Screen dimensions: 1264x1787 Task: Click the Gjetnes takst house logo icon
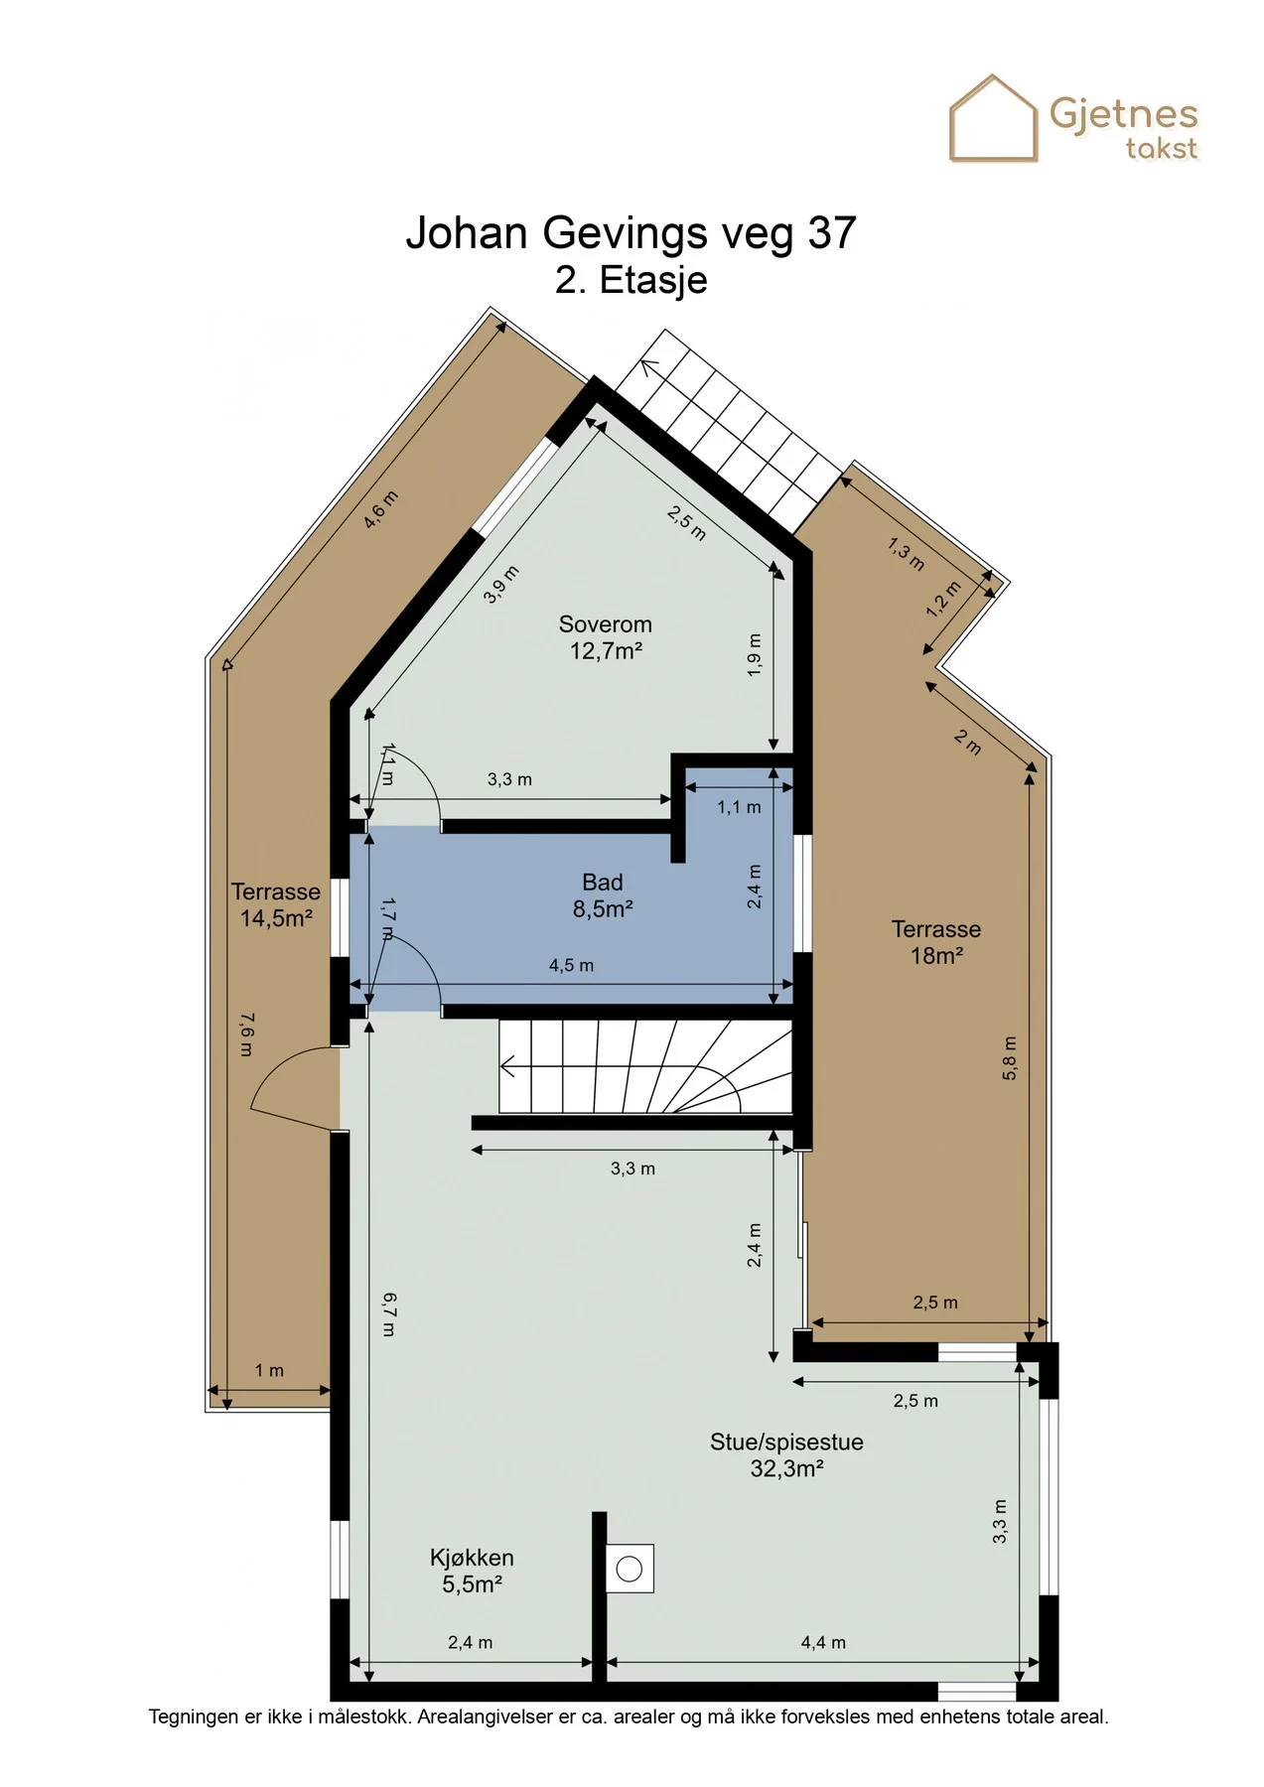point(993,118)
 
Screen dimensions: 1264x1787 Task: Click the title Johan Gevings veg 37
point(631,233)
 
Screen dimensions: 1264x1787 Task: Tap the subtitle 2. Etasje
point(632,280)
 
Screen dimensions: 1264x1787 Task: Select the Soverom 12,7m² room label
point(605,637)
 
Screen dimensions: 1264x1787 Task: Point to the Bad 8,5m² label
point(603,895)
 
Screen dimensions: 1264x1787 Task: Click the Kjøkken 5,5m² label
point(472,1571)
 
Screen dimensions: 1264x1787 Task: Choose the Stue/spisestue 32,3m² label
point(786,1455)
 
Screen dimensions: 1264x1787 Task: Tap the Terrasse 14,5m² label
point(276,904)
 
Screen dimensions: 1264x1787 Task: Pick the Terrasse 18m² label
point(936,942)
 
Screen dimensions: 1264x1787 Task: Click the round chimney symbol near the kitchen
point(630,1570)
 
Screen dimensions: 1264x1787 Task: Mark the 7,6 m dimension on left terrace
point(246,1034)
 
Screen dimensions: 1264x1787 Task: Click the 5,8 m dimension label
point(1010,1058)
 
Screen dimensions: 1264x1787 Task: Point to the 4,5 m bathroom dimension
point(571,965)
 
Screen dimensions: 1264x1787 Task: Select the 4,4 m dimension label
point(823,1643)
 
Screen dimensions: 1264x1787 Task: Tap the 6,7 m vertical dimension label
point(388,1314)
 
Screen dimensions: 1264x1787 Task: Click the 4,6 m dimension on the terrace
point(380,510)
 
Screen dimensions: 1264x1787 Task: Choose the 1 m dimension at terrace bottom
point(269,1371)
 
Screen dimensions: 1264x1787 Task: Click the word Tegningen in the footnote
point(194,1717)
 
